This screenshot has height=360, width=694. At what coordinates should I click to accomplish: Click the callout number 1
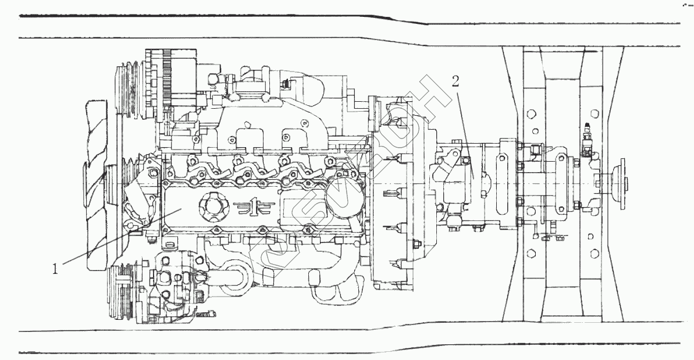[55, 269]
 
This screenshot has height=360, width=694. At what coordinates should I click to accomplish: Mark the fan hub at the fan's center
[112, 186]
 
